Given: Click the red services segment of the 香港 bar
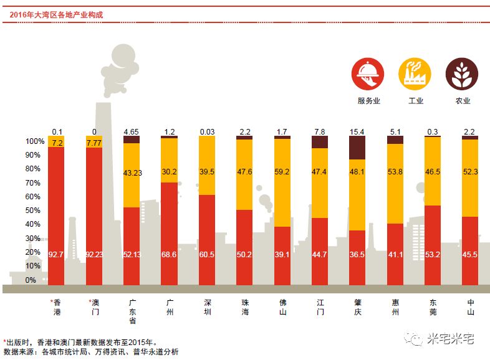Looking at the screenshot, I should point(56,212).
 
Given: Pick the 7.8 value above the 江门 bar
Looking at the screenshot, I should point(320,131).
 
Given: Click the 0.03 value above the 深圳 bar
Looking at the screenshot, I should point(207,131).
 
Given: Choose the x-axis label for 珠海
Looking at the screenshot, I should point(244,306).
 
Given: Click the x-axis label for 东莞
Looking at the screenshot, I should point(433,306).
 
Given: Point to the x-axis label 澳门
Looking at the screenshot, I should point(94,306).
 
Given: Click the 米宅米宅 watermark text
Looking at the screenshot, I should point(451,339).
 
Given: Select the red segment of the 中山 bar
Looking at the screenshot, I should point(470,249).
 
